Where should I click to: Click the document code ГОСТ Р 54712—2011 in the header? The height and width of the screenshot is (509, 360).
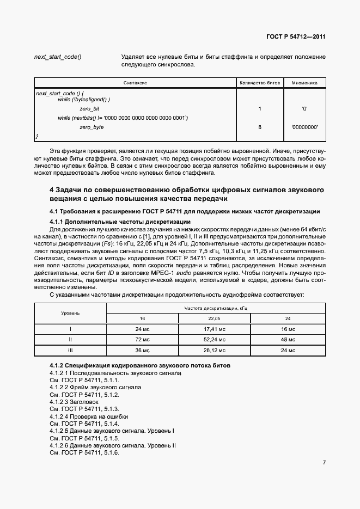[x=296, y=38]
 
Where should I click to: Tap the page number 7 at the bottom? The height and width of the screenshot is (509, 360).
[x=324, y=463]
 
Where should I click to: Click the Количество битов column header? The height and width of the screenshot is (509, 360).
[x=260, y=83]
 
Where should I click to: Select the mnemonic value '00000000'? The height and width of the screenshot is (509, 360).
[x=304, y=127]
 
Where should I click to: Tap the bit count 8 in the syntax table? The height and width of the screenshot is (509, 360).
[x=260, y=127]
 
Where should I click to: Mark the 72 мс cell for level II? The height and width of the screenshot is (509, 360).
[x=142, y=340]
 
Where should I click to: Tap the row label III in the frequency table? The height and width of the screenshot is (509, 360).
[x=70, y=350]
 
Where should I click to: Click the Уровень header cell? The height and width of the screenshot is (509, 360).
[x=70, y=313]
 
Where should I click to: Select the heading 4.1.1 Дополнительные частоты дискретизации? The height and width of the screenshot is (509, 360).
[x=120, y=222]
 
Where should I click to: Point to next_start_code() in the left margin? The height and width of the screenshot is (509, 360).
[x=58, y=57]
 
